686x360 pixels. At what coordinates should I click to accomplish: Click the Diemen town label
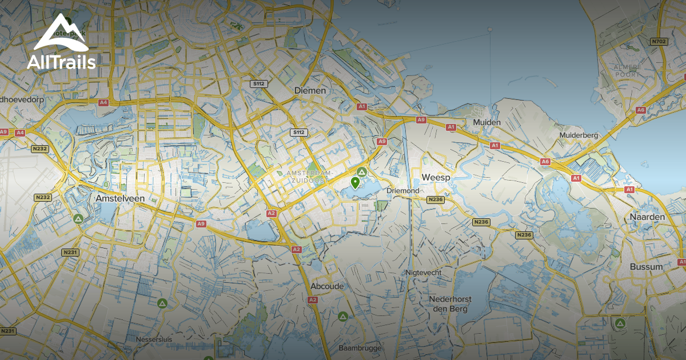tap(310, 90)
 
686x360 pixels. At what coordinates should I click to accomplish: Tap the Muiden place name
tap(487, 122)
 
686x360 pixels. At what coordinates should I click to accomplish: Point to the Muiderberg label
tap(579, 135)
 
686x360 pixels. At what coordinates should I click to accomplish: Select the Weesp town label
tap(436, 178)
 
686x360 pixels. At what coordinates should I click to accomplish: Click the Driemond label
tap(403, 190)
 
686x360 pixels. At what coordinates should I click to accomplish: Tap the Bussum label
tap(646, 267)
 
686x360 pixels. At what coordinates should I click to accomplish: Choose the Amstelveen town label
tap(120, 198)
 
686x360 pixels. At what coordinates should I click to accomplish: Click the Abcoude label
tap(326, 286)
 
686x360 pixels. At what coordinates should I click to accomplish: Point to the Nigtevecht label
tap(423, 273)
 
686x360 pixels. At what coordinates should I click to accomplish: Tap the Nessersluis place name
tap(154, 339)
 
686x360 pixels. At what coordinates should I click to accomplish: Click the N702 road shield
tap(659, 42)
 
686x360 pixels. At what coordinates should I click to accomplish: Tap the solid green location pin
tap(355, 182)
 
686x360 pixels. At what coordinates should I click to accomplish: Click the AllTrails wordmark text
tap(61, 62)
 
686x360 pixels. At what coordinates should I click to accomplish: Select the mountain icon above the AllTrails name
tap(61, 33)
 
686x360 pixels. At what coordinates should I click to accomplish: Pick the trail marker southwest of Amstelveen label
tap(78, 218)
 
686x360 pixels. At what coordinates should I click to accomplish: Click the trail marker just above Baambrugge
tap(342, 316)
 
